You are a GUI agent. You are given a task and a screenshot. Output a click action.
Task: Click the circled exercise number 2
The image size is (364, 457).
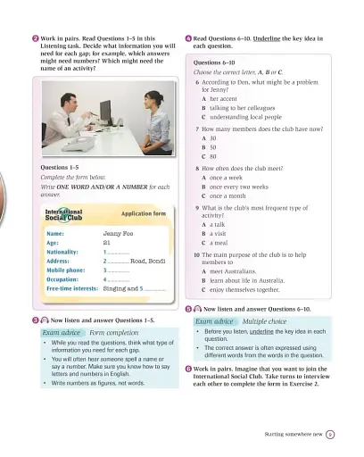click(x=34, y=39)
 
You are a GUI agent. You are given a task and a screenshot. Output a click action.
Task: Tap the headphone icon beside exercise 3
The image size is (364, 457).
click(x=44, y=319)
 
